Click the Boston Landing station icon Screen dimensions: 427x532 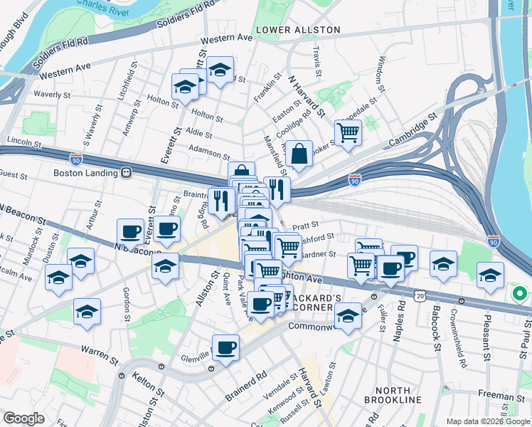(x=127, y=172)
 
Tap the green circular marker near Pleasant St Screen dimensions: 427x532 (x=519, y=293)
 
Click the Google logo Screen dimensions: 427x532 (x=23, y=418)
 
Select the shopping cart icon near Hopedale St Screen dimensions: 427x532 (x=348, y=132)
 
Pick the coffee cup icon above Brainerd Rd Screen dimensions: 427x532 (x=225, y=347)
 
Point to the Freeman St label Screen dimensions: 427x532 (x=501, y=394)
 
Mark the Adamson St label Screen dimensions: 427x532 (x=209, y=152)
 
